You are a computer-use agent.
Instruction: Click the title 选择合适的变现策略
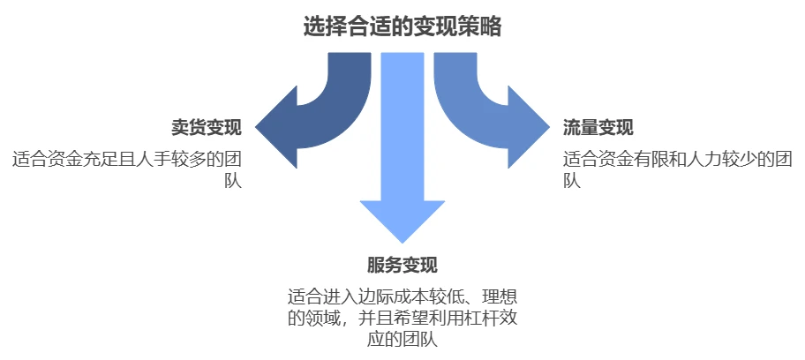402,26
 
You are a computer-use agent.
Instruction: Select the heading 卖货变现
207,128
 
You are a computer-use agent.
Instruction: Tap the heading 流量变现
598,128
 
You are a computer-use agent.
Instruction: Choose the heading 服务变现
402,266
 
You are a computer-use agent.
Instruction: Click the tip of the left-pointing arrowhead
256,127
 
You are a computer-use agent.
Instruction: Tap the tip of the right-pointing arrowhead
549,127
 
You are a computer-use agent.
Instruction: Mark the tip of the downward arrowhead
402,243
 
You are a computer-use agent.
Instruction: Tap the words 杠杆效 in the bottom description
482,319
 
